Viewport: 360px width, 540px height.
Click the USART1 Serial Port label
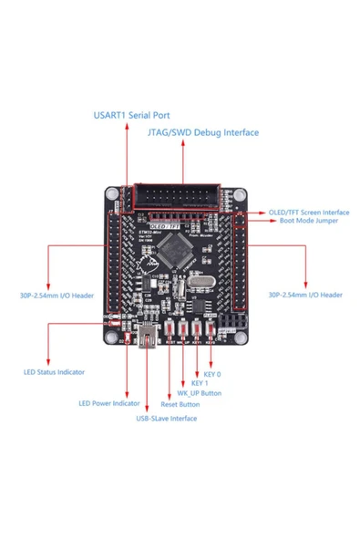click(x=130, y=116)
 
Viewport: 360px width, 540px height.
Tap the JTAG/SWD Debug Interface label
click(x=202, y=132)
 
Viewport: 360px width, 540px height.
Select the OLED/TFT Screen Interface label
click(x=308, y=211)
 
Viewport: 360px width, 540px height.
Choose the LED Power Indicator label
click(x=108, y=402)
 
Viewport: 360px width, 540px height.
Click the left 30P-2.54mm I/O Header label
click(x=57, y=295)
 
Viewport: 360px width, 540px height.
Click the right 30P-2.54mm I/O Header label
click(x=305, y=295)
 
